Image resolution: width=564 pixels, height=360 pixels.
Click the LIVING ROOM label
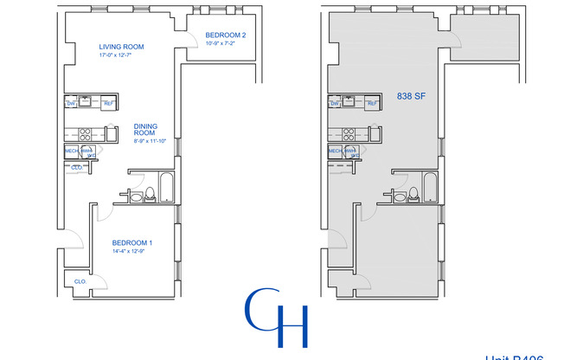[121, 47]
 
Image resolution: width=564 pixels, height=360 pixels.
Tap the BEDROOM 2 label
[226, 35]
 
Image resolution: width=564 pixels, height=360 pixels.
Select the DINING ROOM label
[145, 130]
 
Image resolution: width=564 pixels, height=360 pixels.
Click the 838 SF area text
[409, 97]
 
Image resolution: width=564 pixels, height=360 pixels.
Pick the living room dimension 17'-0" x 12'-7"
[120, 56]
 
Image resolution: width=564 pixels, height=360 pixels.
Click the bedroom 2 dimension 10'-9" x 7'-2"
[226, 44]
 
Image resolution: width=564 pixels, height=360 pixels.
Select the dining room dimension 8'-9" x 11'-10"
[152, 141]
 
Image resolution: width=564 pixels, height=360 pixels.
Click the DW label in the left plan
[71, 104]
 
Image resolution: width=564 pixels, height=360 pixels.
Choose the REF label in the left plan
[108, 104]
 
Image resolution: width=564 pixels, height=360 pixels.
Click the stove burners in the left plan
[86, 134]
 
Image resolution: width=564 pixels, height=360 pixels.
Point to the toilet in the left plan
[148, 195]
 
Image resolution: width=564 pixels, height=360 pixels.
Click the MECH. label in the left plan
[72, 151]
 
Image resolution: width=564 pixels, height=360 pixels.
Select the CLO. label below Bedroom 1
[80, 281]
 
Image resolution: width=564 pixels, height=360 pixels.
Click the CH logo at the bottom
[277, 317]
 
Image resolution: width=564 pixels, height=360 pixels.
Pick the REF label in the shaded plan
[372, 104]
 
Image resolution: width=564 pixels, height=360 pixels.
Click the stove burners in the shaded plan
[349, 134]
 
